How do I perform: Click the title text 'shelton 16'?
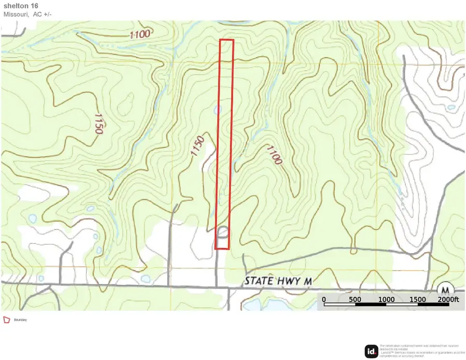click(x=21, y=6)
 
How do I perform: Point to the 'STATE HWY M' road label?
click(x=278, y=281)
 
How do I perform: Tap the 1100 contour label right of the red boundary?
click(x=274, y=155)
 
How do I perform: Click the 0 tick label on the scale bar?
click(x=324, y=299)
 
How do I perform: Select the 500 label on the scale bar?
click(x=355, y=299)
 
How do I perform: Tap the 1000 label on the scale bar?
click(x=386, y=299)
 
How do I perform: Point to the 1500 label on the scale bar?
click(x=417, y=299)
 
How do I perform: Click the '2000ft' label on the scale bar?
click(x=448, y=299)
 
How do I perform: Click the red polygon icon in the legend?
click(x=7, y=320)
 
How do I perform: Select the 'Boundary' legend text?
click(x=21, y=320)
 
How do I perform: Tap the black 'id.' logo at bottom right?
click(x=371, y=351)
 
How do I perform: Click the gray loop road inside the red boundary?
click(x=223, y=232)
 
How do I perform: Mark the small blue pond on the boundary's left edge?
click(x=217, y=110)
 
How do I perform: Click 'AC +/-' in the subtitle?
click(x=43, y=14)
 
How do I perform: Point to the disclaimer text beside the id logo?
click(x=419, y=351)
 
